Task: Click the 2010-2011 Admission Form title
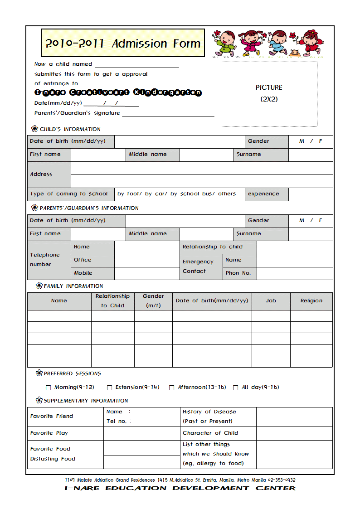coord(122,44)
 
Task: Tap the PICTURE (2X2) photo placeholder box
coord(269,94)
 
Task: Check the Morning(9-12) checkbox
coord(49,388)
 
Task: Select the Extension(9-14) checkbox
coord(110,388)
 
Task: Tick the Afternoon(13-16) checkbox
coord(172,388)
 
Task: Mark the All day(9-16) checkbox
coord(236,388)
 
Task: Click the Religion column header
coord(311,301)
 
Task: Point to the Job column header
coord(271,301)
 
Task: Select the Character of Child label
coord(210,433)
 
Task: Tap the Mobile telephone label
coord(83,273)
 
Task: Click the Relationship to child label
coord(212,247)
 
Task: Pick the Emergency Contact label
coord(198,267)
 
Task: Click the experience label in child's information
coord(263,194)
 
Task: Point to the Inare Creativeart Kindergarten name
coord(118,92)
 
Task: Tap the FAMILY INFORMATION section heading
coord(73,286)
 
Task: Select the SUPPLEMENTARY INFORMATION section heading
coord(86,401)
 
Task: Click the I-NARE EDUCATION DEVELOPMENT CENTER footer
coord(180,488)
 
